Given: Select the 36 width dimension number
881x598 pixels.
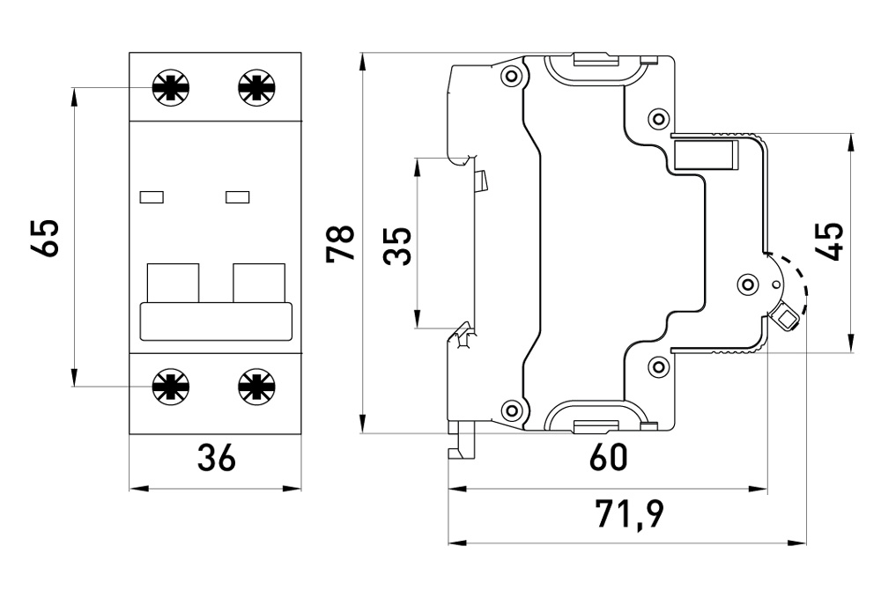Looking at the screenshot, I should (x=216, y=459).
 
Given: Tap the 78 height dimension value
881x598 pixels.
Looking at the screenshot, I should (x=341, y=243).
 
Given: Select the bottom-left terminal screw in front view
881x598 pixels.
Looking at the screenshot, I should (x=170, y=384).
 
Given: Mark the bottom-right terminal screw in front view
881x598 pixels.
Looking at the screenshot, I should (x=255, y=384).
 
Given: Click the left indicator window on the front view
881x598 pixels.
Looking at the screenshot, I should (x=153, y=197).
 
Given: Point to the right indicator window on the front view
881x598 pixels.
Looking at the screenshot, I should (x=238, y=197).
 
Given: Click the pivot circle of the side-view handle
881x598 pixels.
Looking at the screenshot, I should (x=748, y=284).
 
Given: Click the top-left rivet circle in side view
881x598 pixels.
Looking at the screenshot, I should (x=510, y=77).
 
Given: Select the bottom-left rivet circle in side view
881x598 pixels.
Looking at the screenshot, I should (x=510, y=409).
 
